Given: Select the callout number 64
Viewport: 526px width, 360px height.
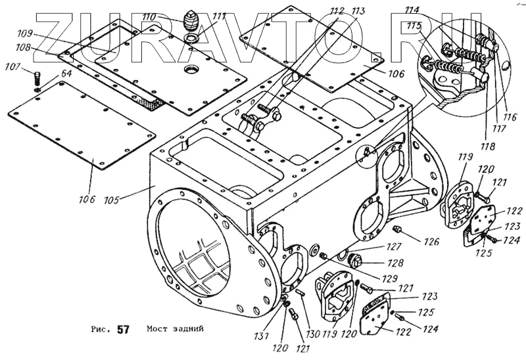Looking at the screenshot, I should click(x=48, y=75).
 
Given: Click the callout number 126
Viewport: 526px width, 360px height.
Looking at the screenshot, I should click(x=431, y=242).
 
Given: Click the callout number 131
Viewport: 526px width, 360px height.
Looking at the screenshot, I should click(x=263, y=336).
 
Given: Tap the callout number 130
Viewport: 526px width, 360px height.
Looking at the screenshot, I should click(x=312, y=334).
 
